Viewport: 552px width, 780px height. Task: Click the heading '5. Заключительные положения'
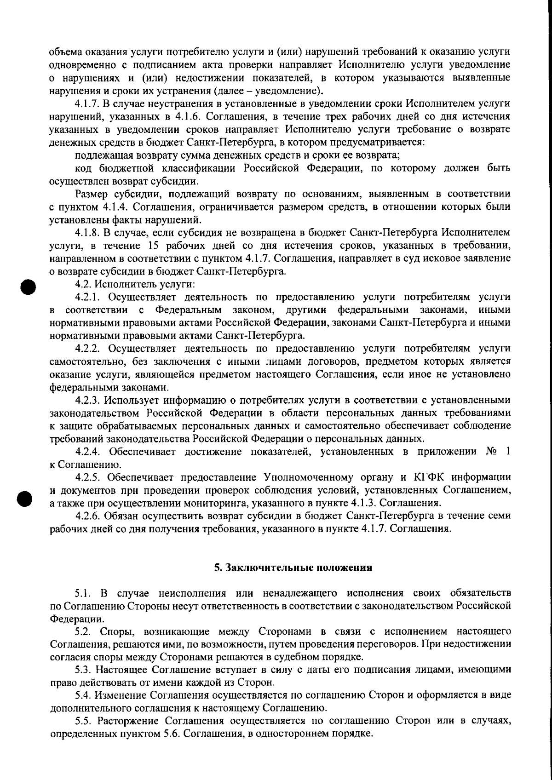coord(293,568)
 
